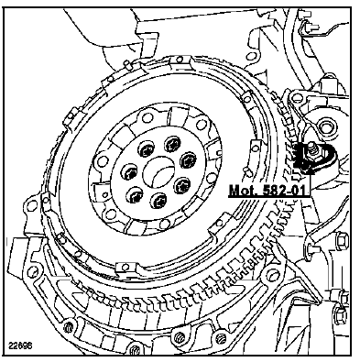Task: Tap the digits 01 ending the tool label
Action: [301, 191]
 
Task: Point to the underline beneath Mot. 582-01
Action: [269, 197]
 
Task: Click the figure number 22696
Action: [21, 346]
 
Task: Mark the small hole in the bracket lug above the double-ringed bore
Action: [295, 98]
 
